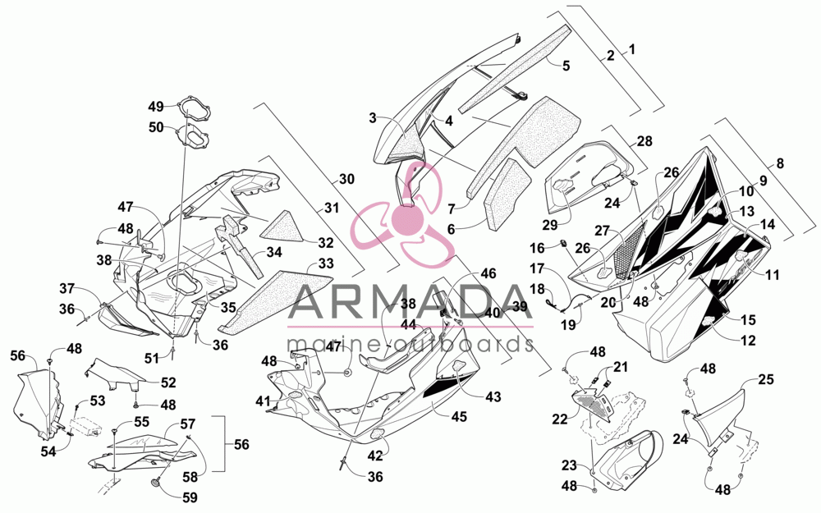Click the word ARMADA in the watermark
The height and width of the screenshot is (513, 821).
click(410, 303)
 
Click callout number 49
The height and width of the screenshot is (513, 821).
click(156, 107)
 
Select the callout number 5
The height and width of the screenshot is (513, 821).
click(566, 66)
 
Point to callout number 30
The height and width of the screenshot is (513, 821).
click(346, 179)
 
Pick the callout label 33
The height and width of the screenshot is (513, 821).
click(326, 263)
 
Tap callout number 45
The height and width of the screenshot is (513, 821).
click(459, 417)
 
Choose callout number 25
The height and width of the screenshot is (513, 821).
click(765, 379)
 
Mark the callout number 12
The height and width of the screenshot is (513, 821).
click(749, 341)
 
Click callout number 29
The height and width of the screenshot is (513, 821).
click(550, 225)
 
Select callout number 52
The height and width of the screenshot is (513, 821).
click(168, 383)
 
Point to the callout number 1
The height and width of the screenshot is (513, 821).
click(631, 50)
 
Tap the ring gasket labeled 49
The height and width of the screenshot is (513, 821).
click(192, 107)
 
